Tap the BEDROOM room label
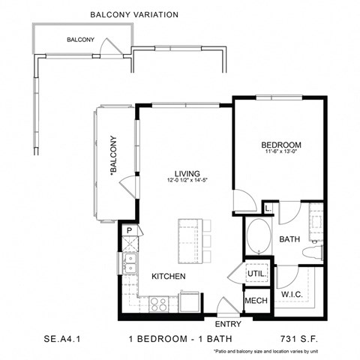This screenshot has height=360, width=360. click(281, 145)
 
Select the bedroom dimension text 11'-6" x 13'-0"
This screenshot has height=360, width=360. click(281, 154)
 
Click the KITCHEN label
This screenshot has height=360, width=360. click(169, 276)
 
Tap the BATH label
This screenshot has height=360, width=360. click(290, 239)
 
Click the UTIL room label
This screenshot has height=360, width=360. click(255, 275)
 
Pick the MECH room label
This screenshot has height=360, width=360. click(255, 301)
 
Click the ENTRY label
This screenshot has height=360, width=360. click(227, 324)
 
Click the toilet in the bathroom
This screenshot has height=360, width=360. click(316, 253)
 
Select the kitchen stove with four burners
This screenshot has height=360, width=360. click(159, 304)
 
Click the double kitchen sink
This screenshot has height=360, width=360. click(130, 262)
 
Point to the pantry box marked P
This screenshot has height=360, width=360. click(129, 230)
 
